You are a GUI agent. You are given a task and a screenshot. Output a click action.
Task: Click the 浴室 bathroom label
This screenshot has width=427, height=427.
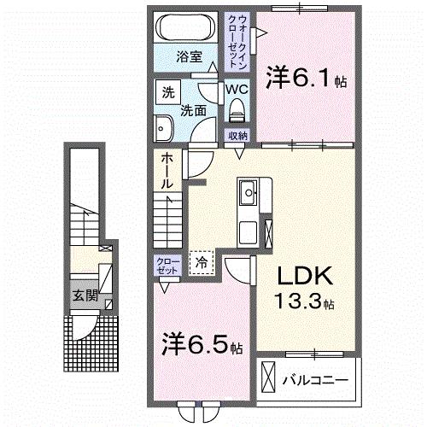click(x=189, y=58)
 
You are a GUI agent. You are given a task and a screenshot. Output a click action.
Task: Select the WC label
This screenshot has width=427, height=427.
click(x=237, y=88)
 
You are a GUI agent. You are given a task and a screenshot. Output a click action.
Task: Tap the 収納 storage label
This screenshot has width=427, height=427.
click(x=237, y=136)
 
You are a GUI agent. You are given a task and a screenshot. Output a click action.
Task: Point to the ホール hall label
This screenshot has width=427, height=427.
click(x=166, y=170)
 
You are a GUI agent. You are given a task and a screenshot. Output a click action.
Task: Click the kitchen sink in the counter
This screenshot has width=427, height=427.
click(x=249, y=192)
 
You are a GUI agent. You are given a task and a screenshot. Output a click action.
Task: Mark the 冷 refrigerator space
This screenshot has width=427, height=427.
click(x=202, y=262)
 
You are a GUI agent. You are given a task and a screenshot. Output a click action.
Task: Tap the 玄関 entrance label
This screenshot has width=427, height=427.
click(x=84, y=297)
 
